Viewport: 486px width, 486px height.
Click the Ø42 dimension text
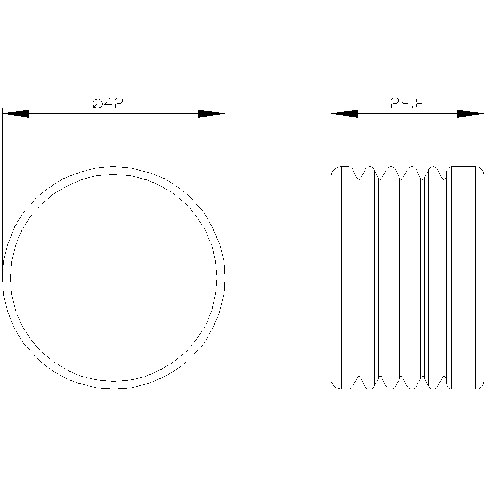coord(108,103)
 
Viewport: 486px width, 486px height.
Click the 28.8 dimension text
coord(407,103)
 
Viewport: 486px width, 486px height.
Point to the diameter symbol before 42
coord(98,103)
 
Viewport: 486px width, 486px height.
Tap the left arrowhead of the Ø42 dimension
coord(16,114)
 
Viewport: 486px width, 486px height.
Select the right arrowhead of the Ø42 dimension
coord(211,114)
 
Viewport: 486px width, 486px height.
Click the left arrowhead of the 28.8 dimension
coord(345,114)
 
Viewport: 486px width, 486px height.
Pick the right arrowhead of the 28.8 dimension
coord(470,114)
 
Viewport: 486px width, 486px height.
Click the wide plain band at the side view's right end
coord(464,278)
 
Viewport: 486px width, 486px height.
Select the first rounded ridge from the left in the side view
coord(371,278)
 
